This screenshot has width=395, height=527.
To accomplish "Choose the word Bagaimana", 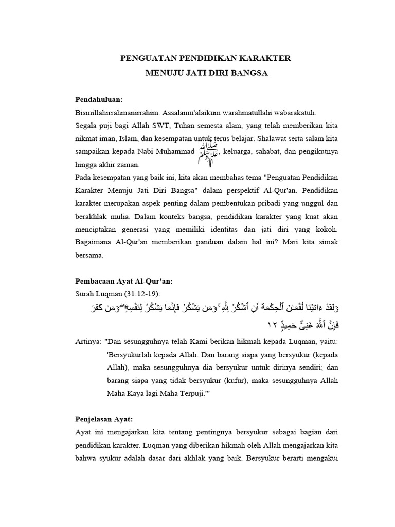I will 94,241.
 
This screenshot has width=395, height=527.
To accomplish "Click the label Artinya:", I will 88,341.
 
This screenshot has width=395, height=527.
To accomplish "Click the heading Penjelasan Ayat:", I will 104,419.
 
